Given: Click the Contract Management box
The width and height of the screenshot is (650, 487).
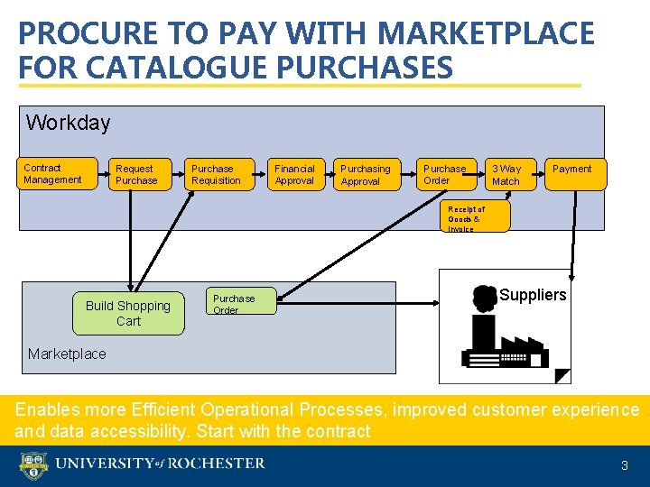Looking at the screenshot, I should pos(58,173).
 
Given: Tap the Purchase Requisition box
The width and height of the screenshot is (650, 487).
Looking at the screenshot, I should pos(217,175).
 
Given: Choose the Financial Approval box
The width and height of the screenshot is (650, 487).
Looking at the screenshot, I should pos(297,175).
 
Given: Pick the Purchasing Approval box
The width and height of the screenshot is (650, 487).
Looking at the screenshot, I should pos(367,175).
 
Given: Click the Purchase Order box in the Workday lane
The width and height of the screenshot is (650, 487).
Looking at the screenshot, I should pos(446,175).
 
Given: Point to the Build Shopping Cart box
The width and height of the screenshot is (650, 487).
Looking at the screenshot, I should pos(129,313).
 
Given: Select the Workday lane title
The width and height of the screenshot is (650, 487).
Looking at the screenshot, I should pos(68,123).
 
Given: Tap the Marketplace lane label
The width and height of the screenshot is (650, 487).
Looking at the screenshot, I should pos(67,354).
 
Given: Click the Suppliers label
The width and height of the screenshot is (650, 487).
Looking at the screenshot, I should pos(533,295).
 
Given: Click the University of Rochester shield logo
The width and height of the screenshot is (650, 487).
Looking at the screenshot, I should pos(32,465).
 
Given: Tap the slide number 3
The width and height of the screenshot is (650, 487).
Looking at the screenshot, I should pos(624,466).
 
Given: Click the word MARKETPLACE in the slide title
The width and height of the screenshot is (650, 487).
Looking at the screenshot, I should pos(486,34).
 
